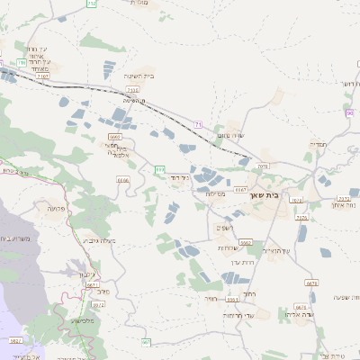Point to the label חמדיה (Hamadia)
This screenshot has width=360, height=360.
coord(321,143)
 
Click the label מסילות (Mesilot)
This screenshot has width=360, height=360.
coord(214,193)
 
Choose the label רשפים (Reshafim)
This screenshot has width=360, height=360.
coord(227,227)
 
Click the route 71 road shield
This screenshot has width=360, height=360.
coord(198,123)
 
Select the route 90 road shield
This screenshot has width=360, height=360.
coord(349,112)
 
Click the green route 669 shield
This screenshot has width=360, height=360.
coord(159,168)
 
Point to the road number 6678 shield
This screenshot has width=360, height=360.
coord(311,283)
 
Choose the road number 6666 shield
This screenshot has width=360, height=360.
coord(122,180)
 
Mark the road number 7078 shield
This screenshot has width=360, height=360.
coord(263,166)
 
